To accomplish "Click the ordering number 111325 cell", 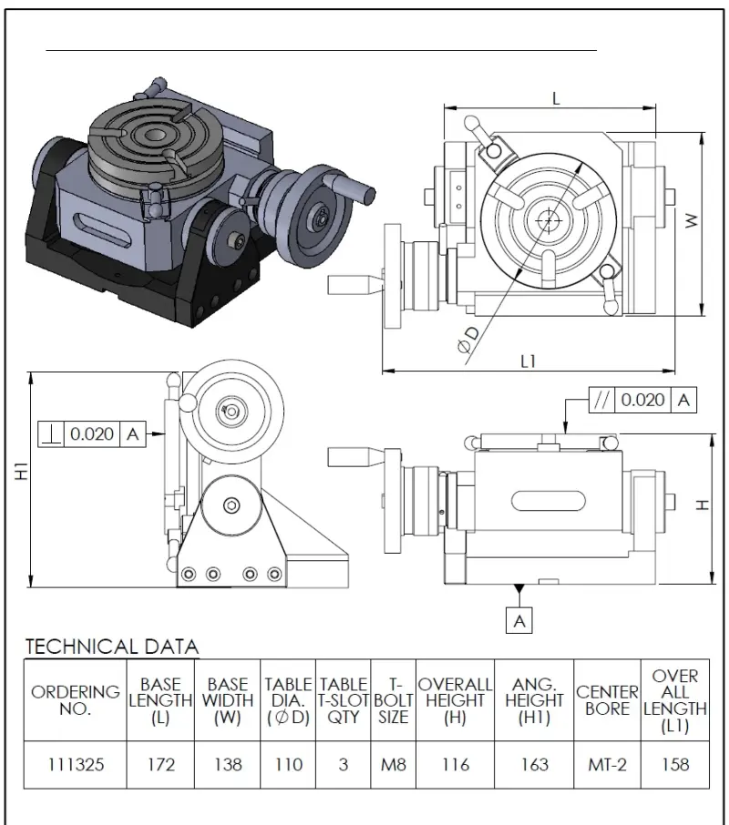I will (76, 765).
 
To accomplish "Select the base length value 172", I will (160, 765).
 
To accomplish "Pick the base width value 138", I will (227, 765).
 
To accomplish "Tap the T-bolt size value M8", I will (393, 765).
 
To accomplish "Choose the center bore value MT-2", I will (607, 765).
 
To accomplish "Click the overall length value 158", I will (675, 765).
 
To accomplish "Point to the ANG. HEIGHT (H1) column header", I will (534, 700).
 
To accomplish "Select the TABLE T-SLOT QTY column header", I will (344, 700).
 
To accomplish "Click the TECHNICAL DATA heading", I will (111, 647).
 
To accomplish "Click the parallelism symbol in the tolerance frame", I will (601, 399).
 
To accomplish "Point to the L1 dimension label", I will (528, 361).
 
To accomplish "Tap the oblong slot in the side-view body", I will (549, 501).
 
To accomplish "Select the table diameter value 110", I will (289, 765).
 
